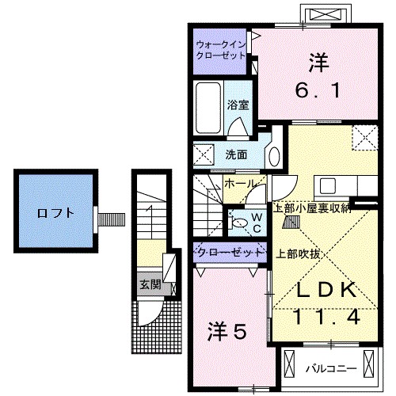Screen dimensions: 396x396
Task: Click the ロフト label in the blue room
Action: pos(55,212)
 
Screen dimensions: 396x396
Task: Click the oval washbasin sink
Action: pos(274,154)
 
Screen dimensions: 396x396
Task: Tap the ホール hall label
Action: pos(239,184)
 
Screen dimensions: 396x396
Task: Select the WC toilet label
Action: pos(257,222)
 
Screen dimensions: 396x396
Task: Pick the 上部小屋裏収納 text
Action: pos(312,208)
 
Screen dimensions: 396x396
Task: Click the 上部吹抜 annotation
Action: pos(299,254)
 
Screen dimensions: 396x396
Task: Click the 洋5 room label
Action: pos(227,329)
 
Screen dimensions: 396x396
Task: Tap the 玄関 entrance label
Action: pos(150,284)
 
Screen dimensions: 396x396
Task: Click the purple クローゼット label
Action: pos(229,253)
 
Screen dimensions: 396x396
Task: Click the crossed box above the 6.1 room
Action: pos(326,16)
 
